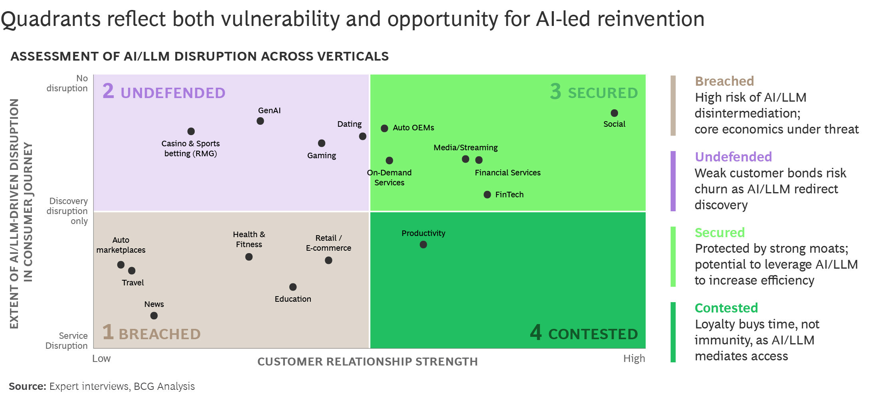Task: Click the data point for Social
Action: point(614,113)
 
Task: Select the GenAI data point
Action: point(260,121)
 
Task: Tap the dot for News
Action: point(154,316)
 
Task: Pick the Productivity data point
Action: point(423,245)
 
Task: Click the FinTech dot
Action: point(487,195)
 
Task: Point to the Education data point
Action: point(293,287)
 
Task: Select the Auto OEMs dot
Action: point(384,128)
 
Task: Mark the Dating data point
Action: point(363,136)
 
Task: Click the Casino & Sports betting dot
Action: point(191,132)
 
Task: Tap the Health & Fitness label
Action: point(249,239)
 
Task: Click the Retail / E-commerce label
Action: point(328,243)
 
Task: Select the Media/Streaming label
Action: point(466,147)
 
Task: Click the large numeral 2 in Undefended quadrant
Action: point(108,91)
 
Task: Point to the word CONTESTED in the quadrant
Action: point(593,334)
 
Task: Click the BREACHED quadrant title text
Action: point(160,334)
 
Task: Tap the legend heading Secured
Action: point(720,232)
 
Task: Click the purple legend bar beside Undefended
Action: point(673,181)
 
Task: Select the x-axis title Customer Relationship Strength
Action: point(367,362)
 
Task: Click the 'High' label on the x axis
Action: point(634,358)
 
